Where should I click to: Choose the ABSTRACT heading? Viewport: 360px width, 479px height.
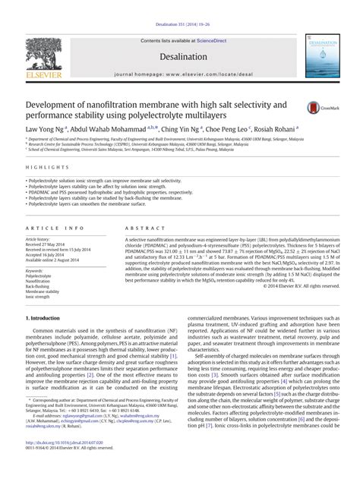tap(128, 228)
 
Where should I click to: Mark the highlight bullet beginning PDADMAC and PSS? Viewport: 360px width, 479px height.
tap(106, 193)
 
